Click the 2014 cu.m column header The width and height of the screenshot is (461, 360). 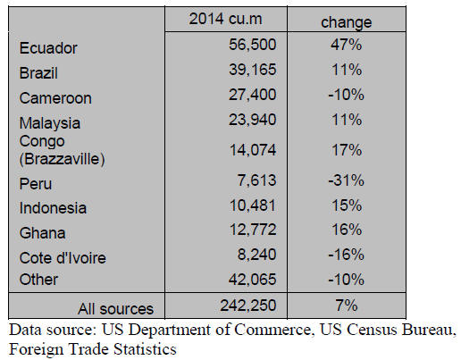225,19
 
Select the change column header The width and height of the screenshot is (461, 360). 347,22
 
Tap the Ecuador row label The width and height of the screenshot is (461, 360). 48,48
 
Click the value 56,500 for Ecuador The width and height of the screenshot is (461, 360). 253,45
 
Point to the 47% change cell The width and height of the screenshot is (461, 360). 346,45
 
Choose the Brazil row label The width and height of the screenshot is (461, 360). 38,73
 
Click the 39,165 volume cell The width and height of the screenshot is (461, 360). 253,70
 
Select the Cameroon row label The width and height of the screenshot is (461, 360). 55,98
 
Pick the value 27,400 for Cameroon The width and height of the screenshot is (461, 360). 253,95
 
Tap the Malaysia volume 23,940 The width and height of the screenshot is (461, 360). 253,120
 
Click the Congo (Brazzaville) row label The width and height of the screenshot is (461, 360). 62,150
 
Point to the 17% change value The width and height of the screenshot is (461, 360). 347,150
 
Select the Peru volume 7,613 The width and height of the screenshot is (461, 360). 256,180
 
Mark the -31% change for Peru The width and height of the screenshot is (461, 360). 346,180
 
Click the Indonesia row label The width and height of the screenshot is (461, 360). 53,208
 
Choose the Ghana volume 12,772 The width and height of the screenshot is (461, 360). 253,230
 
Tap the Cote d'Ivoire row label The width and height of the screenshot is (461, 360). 63,258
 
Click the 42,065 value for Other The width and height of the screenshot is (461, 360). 253,280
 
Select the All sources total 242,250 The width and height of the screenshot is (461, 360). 248,306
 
